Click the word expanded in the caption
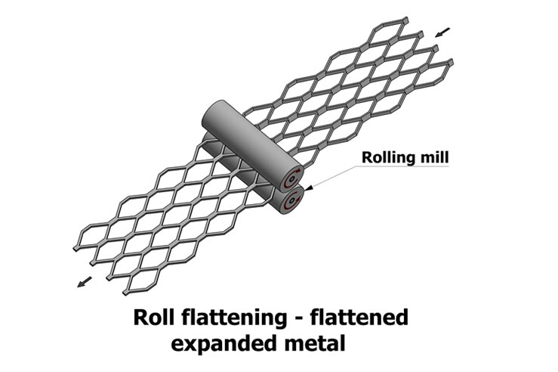tap(227, 343)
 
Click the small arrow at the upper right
tap(443, 33)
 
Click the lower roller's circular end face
tap(290, 203)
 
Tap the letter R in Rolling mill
tap(365, 158)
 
